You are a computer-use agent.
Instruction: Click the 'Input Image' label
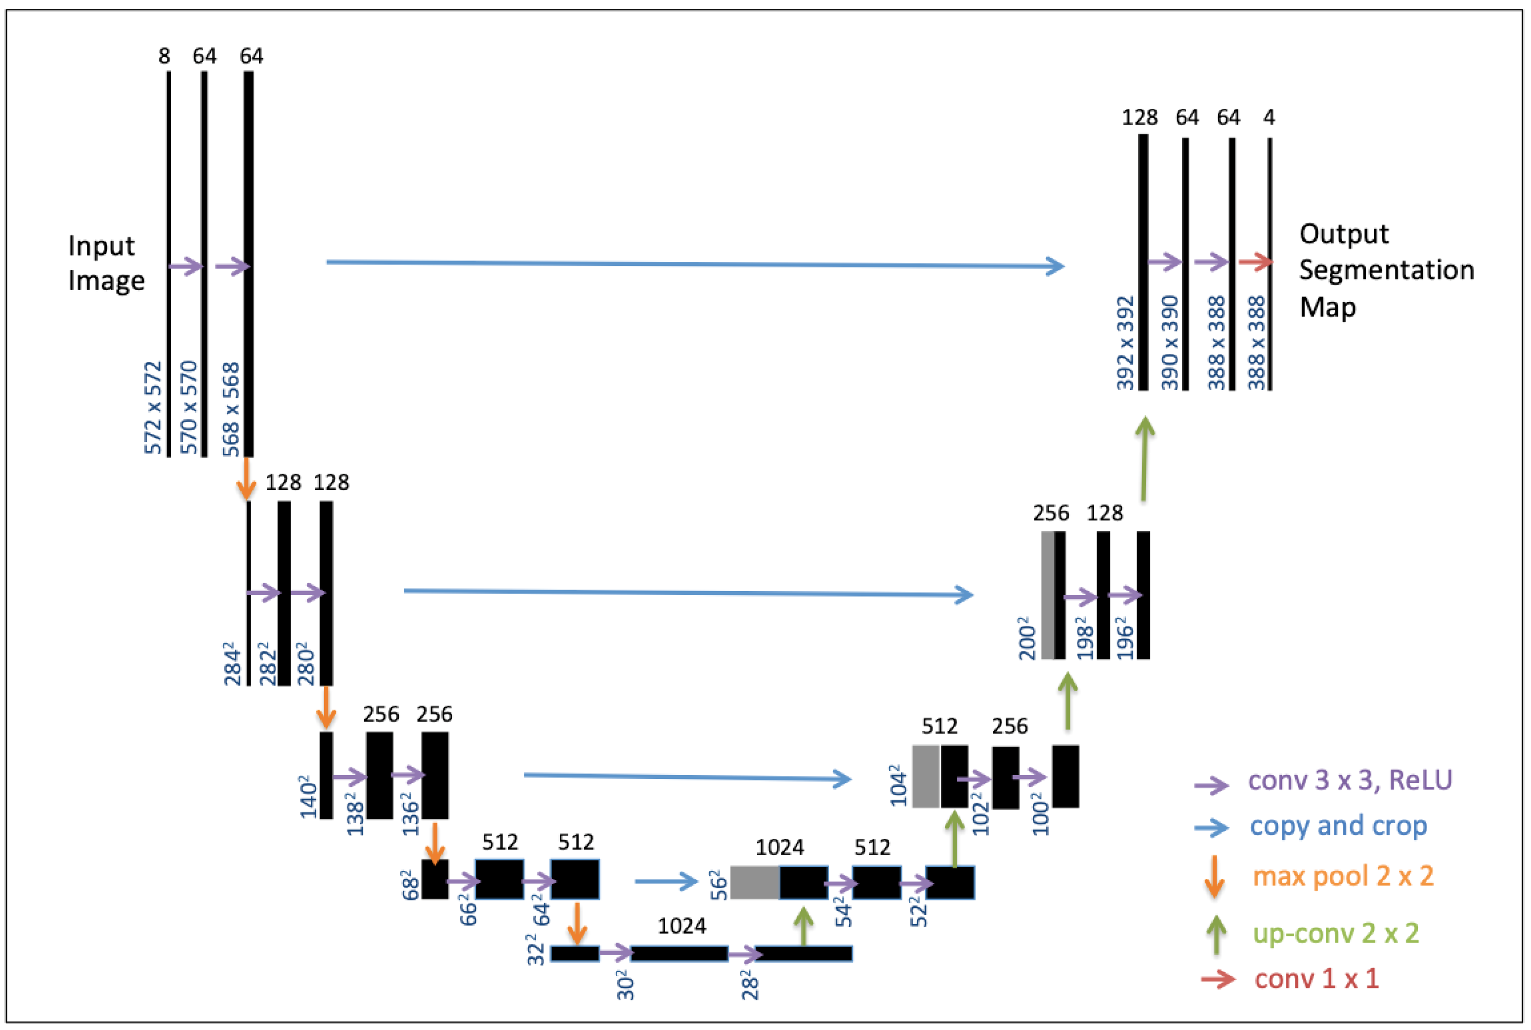(106, 263)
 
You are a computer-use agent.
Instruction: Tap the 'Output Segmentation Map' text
(1385, 270)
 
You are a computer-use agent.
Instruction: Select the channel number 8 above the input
(164, 56)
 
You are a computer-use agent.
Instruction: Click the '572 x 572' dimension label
(153, 407)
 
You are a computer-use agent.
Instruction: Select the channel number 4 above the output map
(1269, 118)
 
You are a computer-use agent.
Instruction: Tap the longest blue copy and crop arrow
(694, 264)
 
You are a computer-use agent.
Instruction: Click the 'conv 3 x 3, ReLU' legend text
(1350, 780)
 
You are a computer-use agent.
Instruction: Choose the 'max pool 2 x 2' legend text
(1343, 876)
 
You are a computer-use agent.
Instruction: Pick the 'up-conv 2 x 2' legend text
(1336, 933)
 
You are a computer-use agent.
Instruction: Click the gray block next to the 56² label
(755, 882)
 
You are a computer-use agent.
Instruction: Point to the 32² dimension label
(536, 954)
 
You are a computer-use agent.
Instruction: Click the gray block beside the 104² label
(926, 776)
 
